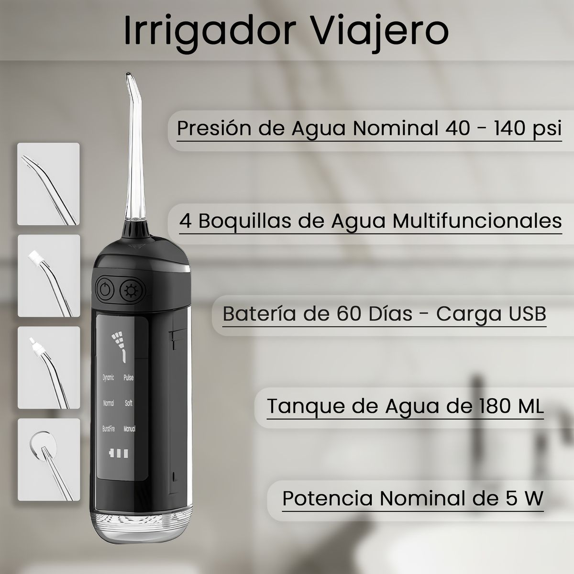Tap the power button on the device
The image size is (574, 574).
(105, 289)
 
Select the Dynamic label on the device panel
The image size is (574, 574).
(109, 378)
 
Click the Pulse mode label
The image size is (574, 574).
(129, 378)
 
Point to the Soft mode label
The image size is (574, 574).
(129, 403)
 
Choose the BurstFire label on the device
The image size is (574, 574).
(109, 429)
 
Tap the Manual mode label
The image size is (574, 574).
(129, 429)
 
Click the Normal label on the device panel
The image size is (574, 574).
(109, 403)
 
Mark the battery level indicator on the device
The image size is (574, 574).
(119, 453)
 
